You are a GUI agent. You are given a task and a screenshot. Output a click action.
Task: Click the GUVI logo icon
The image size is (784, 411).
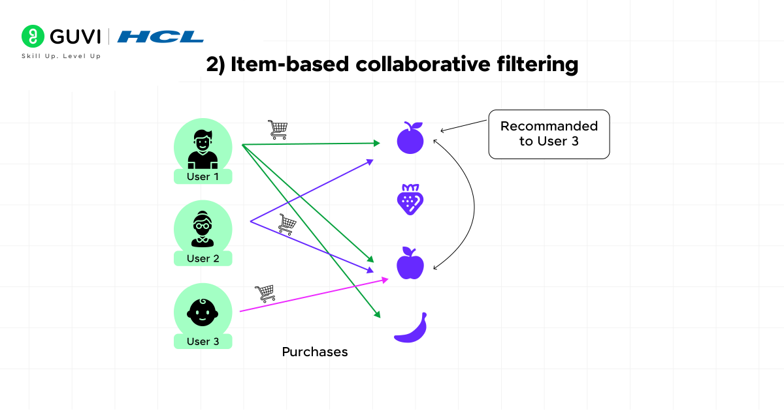pyautogui.click(x=33, y=36)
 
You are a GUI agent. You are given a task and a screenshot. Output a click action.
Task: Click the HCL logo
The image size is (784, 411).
pyautogui.click(x=160, y=37)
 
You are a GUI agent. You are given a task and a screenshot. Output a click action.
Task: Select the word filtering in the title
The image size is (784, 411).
pyautogui.click(x=535, y=65)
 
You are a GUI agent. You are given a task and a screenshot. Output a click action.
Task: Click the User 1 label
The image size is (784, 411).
pyautogui.click(x=203, y=177)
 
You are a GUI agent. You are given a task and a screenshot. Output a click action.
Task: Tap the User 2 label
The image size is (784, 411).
pyautogui.click(x=203, y=258)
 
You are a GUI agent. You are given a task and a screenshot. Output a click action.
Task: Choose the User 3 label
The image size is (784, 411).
pyautogui.click(x=203, y=341)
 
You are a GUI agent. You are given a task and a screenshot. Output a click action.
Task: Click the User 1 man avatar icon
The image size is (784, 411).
pyautogui.click(x=203, y=149)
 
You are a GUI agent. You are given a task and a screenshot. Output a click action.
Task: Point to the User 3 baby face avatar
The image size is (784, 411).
pyautogui.click(x=203, y=312)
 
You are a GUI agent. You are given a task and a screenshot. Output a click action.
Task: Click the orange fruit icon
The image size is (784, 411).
pyautogui.click(x=410, y=138)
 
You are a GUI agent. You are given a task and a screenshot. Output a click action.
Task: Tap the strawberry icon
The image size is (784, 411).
pyautogui.click(x=410, y=200)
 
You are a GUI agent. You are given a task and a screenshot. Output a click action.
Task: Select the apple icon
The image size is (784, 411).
pyautogui.click(x=410, y=263)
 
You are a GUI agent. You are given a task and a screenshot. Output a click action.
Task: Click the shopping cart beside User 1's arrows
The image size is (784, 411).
pyautogui.click(x=278, y=130)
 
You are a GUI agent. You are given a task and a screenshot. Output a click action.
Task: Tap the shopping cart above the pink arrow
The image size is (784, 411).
pyautogui.click(x=265, y=293)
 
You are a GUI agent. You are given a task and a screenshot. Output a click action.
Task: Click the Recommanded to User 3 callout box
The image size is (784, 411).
pyautogui.click(x=549, y=134)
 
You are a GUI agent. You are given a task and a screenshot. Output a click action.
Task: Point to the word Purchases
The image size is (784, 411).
pyautogui.click(x=314, y=352)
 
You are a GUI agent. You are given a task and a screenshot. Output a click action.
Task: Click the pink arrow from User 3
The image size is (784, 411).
pyautogui.click(x=314, y=295)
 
